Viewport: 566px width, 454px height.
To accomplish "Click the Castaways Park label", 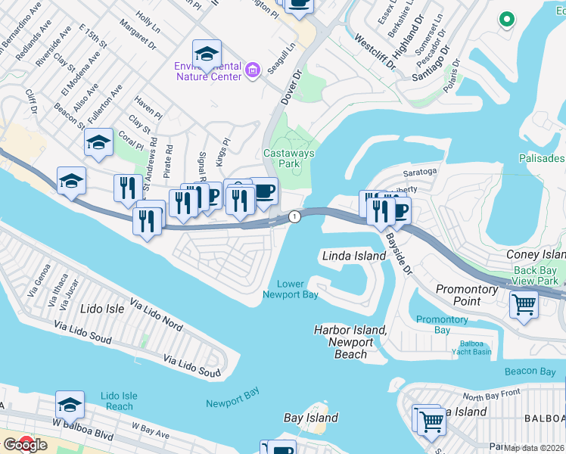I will pyautogui.click(x=288, y=158).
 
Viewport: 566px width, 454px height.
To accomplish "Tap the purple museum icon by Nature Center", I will pyautogui.click(x=253, y=71).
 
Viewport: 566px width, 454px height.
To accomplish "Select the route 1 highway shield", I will pyautogui.click(x=294, y=217).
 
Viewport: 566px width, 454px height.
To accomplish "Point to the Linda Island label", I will pyautogui.click(x=353, y=257).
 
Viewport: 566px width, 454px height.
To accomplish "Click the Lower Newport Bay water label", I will pyautogui.click(x=291, y=289).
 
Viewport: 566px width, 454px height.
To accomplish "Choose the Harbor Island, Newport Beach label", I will pyautogui.click(x=350, y=342).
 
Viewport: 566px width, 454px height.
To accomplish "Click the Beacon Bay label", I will pyautogui.click(x=530, y=371).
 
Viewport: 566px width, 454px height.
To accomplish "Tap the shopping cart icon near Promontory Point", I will pyautogui.click(x=524, y=305).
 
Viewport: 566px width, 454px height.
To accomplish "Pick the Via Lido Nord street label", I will pyautogui.click(x=157, y=314).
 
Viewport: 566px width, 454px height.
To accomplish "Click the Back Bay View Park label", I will pyautogui.click(x=535, y=275).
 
